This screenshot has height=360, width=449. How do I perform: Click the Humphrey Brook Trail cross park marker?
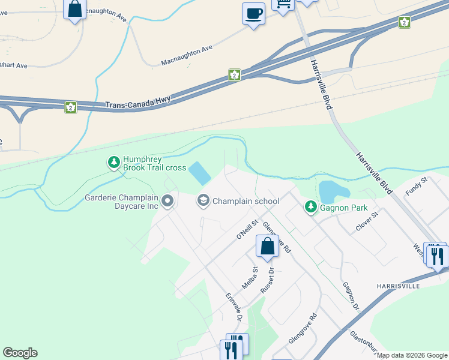pyautogui.click(x=113, y=162)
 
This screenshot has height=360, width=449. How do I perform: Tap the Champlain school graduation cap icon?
pyautogui.click(x=203, y=201)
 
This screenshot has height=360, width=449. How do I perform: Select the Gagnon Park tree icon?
pyautogui.click(x=310, y=207)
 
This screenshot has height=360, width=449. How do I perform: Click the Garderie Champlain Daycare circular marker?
pyautogui.click(x=167, y=201)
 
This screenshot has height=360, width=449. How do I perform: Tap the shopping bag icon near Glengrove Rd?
pyautogui.click(x=267, y=246)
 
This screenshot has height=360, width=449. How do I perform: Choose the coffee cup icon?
pyautogui.click(x=253, y=13)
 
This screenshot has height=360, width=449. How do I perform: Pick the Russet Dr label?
pyautogui.click(x=267, y=280)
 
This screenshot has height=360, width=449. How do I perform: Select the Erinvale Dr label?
pyautogui.click(x=234, y=305)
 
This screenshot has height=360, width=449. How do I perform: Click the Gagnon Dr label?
pyautogui.click(x=351, y=297)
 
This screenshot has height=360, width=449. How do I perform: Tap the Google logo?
pyautogui.click(x=20, y=353)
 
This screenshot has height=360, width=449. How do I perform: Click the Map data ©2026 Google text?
pyautogui.click(x=412, y=355)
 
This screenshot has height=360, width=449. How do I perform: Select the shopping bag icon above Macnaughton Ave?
pyautogui.click(x=75, y=10)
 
